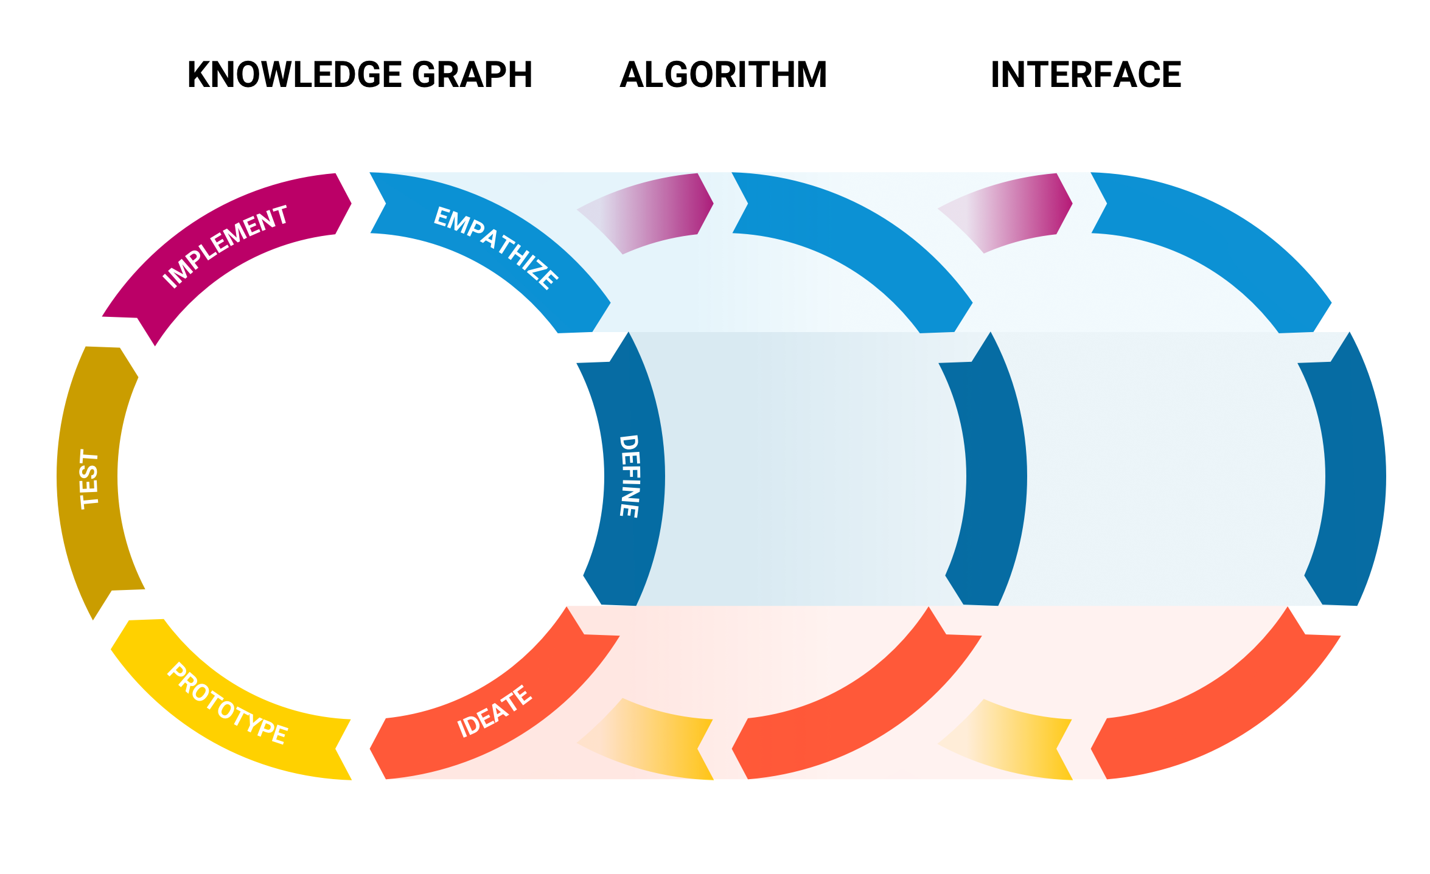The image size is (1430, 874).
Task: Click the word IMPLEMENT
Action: pos(225,246)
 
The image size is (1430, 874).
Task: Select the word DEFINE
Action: pos(629,476)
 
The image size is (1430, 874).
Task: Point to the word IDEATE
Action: pos(494,712)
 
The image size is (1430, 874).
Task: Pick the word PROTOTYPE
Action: pos(227,704)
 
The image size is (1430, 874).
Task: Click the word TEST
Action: pos(89,479)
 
